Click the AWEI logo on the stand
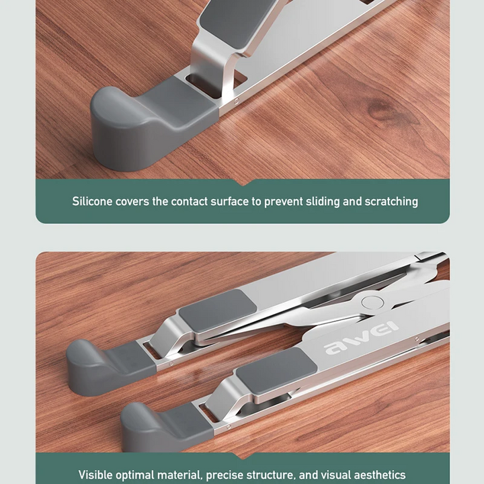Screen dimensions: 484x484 (x=361, y=339)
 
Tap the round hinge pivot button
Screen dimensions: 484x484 (x=372, y=302)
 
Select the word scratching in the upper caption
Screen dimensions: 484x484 (x=391, y=202)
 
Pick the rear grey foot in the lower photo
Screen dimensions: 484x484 (x=108, y=367)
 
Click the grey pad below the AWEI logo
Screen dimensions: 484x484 (x=276, y=370)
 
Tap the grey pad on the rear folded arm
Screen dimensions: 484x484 (x=218, y=307)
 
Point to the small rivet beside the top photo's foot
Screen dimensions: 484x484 (x=237, y=100)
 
